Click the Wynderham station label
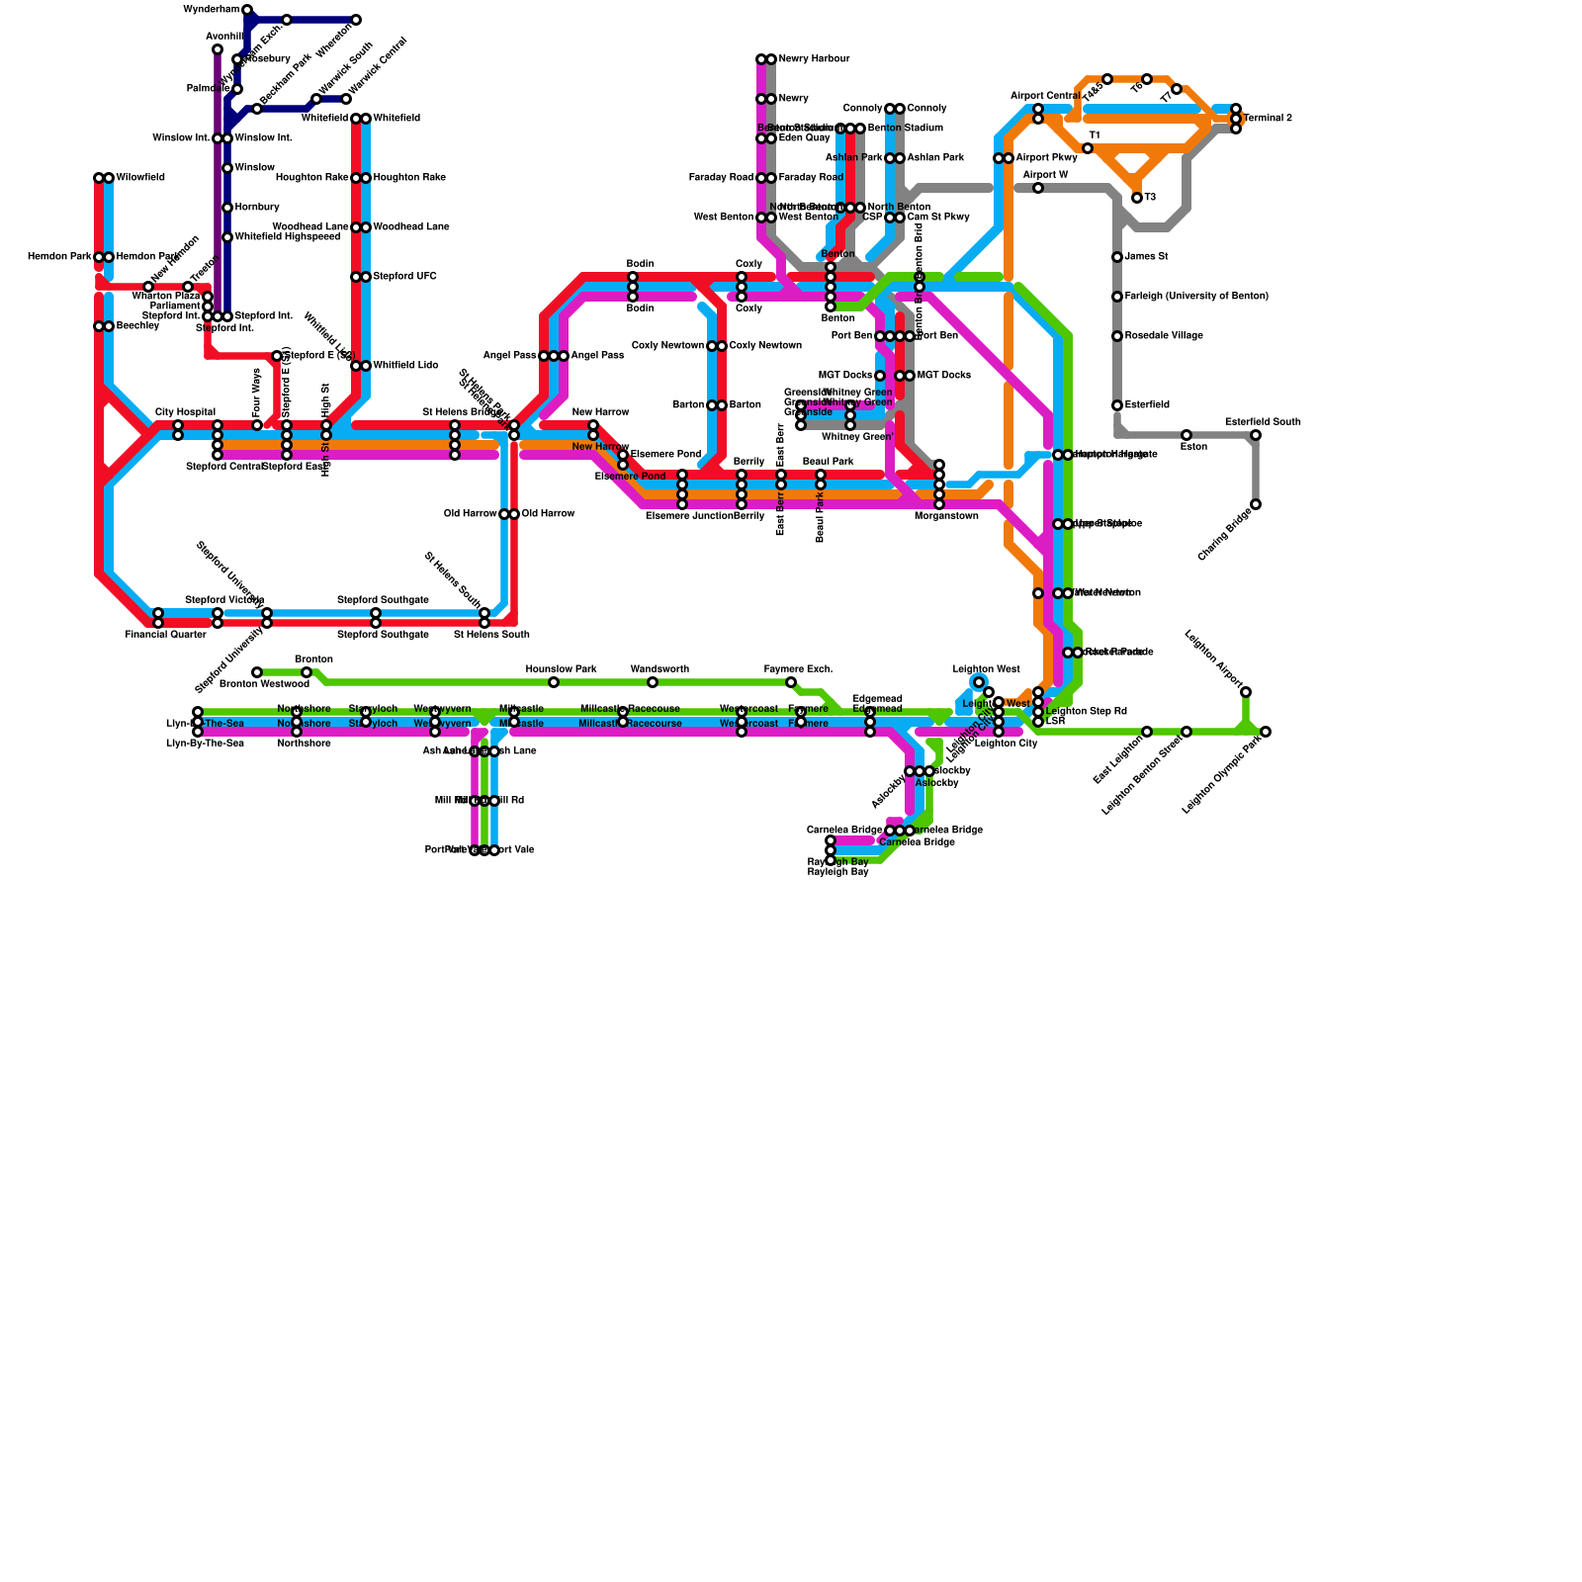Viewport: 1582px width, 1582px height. click(212, 10)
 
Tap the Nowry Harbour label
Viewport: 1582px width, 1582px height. click(814, 59)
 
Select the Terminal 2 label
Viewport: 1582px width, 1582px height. click(1268, 119)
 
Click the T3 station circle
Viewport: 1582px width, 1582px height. click(1137, 198)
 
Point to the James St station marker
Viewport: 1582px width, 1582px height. click(1117, 257)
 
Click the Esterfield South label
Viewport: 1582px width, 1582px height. click(1263, 422)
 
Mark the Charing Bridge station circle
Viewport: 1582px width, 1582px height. click(1256, 504)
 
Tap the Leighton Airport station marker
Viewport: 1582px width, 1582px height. click(1246, 692)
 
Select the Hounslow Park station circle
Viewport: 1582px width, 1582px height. click(554, 682)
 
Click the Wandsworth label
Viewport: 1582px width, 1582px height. click(659, 669)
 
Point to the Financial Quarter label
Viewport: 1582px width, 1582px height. click(165, 635)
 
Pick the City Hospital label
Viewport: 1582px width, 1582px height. click(185, 412)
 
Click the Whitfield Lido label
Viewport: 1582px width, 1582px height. click(405, 366)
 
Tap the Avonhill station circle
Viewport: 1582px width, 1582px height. click(218, 49)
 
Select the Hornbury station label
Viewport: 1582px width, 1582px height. click(257, 208)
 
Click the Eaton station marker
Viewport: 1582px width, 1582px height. click(1186, 435)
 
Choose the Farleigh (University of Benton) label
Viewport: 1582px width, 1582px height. click(1196, 297)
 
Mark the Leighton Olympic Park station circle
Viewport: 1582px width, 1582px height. click(1266, 732)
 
